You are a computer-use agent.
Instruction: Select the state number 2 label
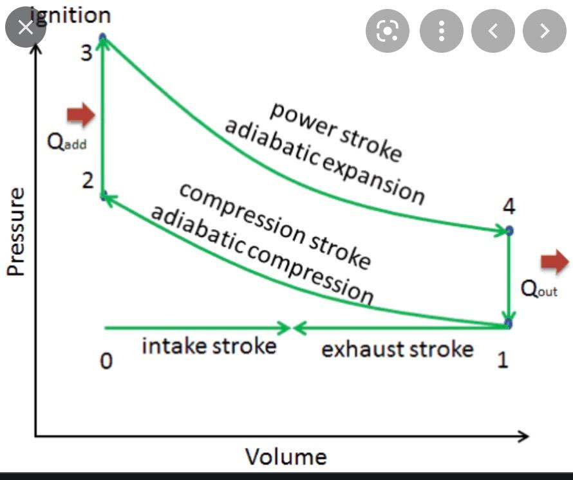pos(88,182)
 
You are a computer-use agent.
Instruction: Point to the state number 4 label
pos(509,207)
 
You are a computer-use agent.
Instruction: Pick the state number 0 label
pos(106,362)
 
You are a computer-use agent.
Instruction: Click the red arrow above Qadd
pos(81,115)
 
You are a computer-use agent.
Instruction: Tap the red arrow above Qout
pos(554,261)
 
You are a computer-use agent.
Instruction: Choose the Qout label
pos(539,290)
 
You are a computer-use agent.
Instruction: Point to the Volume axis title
pos(286,457)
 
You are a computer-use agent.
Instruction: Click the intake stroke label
pos(209,346)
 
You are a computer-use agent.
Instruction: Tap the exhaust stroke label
pos(397,349)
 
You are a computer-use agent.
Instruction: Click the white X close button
pos(26,28)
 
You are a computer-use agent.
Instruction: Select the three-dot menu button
pos(442,30)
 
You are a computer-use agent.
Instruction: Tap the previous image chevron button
pos(493,30)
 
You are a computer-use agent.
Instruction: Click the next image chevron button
pos(544,30)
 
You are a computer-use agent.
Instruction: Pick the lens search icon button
pos(388,30)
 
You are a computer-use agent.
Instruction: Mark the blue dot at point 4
pos(509,230)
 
